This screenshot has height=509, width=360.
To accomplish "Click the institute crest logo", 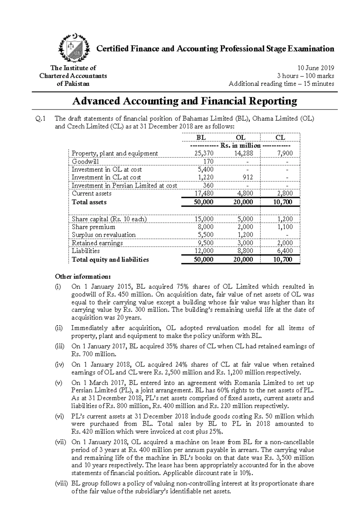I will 74,48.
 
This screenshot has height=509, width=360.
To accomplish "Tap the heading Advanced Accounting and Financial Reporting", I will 184,101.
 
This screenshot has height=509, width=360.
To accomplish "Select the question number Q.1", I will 40,119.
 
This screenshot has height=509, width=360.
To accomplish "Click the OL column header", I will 241,138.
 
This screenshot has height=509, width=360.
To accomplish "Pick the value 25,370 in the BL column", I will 204,153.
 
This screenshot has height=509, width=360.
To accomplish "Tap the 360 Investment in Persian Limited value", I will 208,186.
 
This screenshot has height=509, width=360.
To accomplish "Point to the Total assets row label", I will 89,202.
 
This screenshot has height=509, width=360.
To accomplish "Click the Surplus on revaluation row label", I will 103,235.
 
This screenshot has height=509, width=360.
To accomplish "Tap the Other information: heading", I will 83,276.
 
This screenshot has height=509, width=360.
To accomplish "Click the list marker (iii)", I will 59,346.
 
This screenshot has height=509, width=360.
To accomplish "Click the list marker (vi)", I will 59,416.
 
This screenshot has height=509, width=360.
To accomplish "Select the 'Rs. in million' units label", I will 240,146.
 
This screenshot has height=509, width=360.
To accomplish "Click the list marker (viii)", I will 61,484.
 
